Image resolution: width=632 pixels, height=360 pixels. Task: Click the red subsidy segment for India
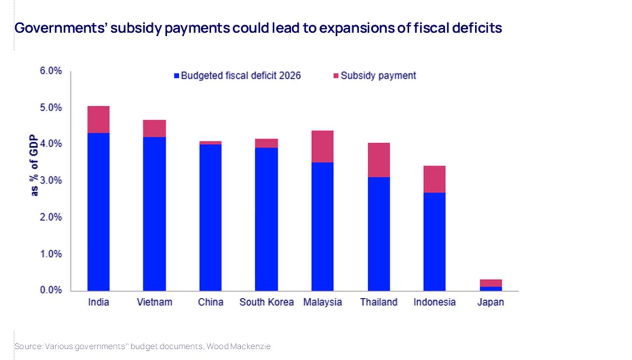tap(98, 120)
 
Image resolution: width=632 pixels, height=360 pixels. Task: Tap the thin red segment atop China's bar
tap(210, 143)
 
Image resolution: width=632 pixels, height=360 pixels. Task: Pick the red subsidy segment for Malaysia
tap(322, 146)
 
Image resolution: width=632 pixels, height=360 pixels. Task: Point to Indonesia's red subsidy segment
tap(434, 179)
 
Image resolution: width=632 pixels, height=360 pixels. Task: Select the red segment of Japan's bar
tap(491, 283)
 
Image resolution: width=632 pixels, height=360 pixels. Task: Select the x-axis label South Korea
tap(266, 302)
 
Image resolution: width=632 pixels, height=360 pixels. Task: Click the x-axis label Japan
tap(491, 302)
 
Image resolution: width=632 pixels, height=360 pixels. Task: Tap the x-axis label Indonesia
tap(434, 302)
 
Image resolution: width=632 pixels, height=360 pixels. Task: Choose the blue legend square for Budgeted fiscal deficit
tap(176, 76)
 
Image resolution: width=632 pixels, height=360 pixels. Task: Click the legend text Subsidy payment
tap(378, 76)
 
